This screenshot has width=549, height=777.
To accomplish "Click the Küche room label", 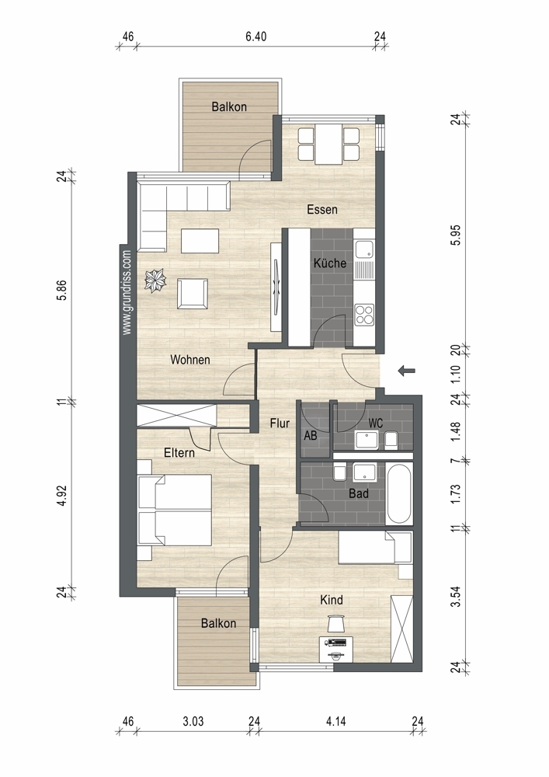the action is [330, 263].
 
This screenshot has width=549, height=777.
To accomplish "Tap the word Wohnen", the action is [190, 360].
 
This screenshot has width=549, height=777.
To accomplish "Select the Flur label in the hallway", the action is [280, 423].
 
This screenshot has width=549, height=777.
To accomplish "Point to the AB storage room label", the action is [311, 436].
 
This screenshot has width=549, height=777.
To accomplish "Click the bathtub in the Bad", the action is [399, 493].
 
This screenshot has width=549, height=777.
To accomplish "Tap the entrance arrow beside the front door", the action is [407, 370].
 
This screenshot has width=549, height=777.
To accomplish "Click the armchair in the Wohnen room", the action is [193, 294].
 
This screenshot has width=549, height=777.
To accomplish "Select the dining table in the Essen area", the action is [328, 144].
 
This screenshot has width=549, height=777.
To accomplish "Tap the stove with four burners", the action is [364, 315].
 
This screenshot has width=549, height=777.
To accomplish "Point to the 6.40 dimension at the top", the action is [256, 37].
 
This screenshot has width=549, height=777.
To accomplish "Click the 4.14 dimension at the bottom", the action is [336, 721].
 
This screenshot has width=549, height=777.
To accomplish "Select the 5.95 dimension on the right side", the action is [456, 235].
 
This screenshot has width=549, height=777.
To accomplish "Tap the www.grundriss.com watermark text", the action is [127, 292].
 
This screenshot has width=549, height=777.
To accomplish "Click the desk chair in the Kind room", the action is [335, 623].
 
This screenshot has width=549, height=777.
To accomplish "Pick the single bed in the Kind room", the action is [375, 548].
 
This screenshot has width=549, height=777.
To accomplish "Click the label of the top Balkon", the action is [229, 106].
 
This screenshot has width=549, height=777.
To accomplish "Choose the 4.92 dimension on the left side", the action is [61, 496].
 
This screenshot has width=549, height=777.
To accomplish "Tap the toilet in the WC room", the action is [391, 439].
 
